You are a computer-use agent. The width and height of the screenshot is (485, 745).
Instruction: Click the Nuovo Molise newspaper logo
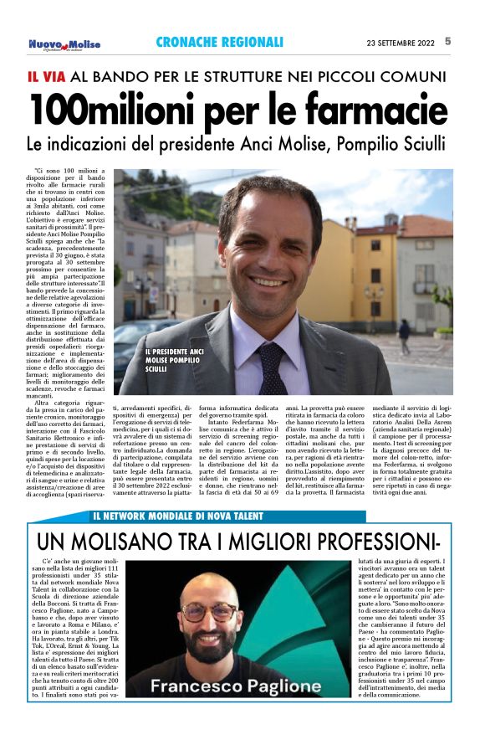pos(64,44)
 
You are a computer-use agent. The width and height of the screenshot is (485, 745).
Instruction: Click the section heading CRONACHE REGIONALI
pos(219,43)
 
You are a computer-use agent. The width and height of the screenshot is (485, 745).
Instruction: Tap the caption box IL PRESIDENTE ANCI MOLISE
pos(174,361)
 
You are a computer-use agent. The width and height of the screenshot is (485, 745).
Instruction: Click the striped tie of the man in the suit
pos(272,365)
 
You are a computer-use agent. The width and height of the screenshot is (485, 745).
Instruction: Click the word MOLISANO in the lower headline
pos(146,537)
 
